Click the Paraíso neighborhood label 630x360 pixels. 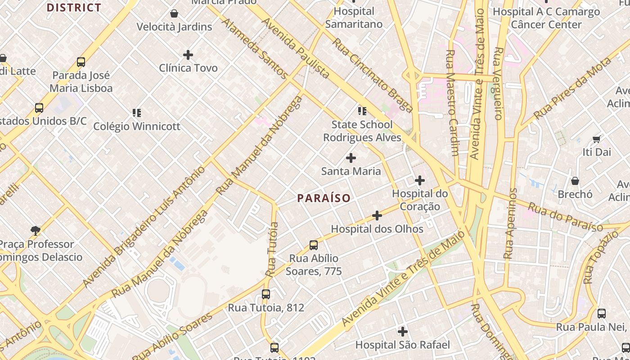324,198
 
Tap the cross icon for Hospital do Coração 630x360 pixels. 420,180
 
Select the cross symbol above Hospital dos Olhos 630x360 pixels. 377,216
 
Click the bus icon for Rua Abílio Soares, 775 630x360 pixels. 314,245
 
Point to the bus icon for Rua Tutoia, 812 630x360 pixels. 266,294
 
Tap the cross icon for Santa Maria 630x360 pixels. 351,158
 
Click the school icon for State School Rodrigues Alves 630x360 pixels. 362,111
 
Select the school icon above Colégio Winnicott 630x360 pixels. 137,112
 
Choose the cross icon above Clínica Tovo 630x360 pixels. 188,55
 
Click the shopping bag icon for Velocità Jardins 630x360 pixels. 174,13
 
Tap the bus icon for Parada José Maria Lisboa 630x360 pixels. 81,62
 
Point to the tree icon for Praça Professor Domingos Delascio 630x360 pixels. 36,231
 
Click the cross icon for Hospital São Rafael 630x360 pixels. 403,332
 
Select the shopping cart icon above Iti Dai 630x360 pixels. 597,139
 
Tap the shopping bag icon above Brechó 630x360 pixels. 575,181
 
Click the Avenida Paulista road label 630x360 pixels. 295,48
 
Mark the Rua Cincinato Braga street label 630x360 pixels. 373,75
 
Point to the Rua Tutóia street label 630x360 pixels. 272,249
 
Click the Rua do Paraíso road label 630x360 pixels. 565,217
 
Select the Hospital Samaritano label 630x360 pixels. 354,18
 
